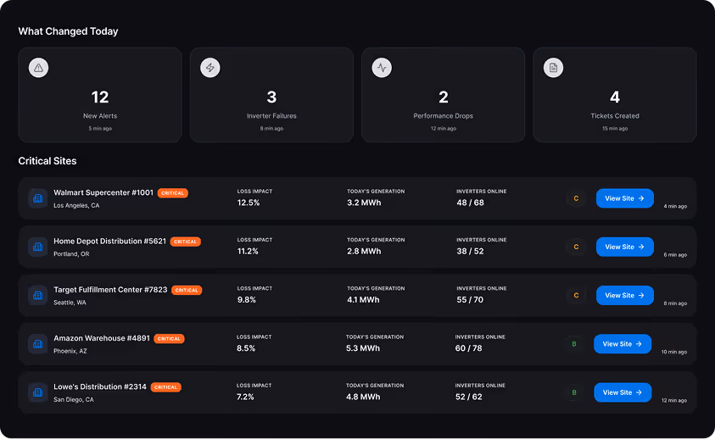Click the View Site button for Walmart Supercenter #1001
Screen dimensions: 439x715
click(x=624, y=198)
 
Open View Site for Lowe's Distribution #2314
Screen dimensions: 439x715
click(x=623, y=392)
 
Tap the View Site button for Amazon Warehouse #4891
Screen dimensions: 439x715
click(x=623, y=344)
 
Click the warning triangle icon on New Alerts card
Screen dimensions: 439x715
click(x=38, y=68)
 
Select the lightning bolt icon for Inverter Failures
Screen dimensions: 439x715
click(x=209, y=68)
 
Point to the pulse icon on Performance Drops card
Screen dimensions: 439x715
click(x=382, y=68)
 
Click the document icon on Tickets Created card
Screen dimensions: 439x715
click(x=553, y=68)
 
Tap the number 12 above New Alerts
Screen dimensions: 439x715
click(x=100, y=97)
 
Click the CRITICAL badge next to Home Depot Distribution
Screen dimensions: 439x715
click(x=185, y=242)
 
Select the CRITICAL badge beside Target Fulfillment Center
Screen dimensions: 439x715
click(x=187, y=290)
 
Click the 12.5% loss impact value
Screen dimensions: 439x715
click(x=249, y=203)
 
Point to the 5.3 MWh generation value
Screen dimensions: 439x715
click(x=363, y=348)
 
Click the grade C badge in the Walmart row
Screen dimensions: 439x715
click(x=576, y=198)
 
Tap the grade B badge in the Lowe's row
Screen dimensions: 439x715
click(x=574, y=392)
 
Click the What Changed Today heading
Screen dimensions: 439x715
click(x=68, y=31)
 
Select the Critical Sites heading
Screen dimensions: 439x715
click(x=47, y=160)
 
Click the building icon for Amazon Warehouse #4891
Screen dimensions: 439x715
click(x=37, y=344)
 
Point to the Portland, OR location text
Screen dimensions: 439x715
click(x=71, y=253)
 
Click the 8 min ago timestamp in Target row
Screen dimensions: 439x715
click(x=675, y=303)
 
